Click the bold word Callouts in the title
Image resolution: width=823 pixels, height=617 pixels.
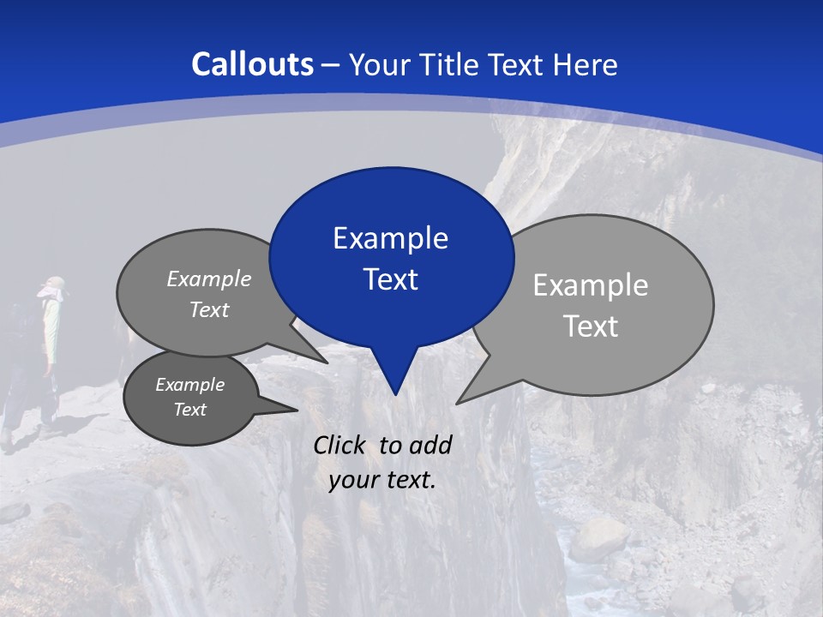253,64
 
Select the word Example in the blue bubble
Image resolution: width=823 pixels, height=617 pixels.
390,238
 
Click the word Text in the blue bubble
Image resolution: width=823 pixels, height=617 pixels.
390,279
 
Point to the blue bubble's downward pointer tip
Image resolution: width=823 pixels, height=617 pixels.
395,393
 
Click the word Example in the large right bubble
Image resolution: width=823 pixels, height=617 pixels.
591,285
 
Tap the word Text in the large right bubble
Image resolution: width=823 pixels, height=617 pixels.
591,326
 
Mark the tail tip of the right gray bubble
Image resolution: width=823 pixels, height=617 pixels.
458,402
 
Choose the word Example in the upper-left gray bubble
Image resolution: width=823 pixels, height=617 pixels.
209,279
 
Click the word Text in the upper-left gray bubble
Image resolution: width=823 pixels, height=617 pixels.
209,309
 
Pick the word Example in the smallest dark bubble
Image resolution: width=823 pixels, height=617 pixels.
190,385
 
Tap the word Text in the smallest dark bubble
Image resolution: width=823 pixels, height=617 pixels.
190,410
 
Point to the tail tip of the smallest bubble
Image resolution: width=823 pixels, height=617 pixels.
297,410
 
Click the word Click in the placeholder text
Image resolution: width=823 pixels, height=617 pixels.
339,445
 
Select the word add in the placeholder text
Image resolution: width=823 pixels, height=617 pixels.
430,445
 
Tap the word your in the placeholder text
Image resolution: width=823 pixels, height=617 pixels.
351,481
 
